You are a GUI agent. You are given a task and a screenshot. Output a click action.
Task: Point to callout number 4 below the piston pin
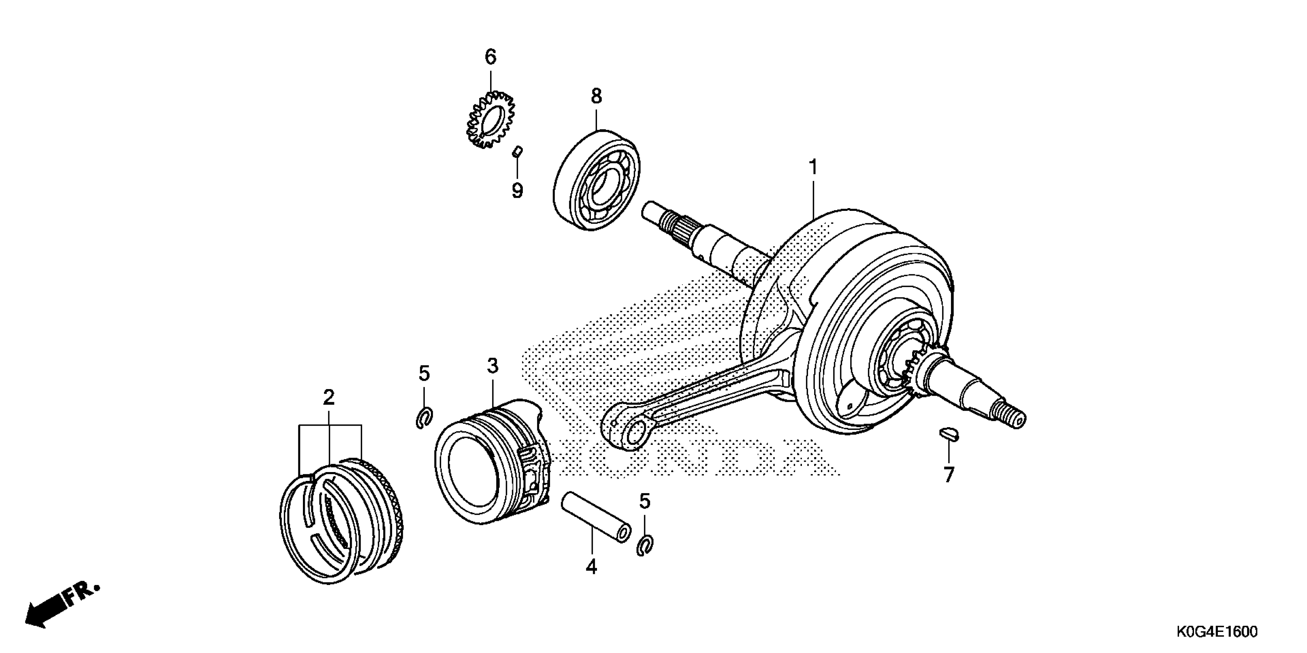point(591,566)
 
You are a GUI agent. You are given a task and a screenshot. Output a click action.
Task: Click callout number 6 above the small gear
point(490,57)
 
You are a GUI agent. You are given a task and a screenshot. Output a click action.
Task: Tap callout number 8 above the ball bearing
point(596,96)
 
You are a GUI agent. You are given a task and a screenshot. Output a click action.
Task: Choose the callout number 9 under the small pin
point(517,191)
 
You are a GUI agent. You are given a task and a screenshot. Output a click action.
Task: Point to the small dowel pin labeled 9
point(517,152)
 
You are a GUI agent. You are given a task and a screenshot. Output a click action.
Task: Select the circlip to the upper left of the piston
point(424,417)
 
